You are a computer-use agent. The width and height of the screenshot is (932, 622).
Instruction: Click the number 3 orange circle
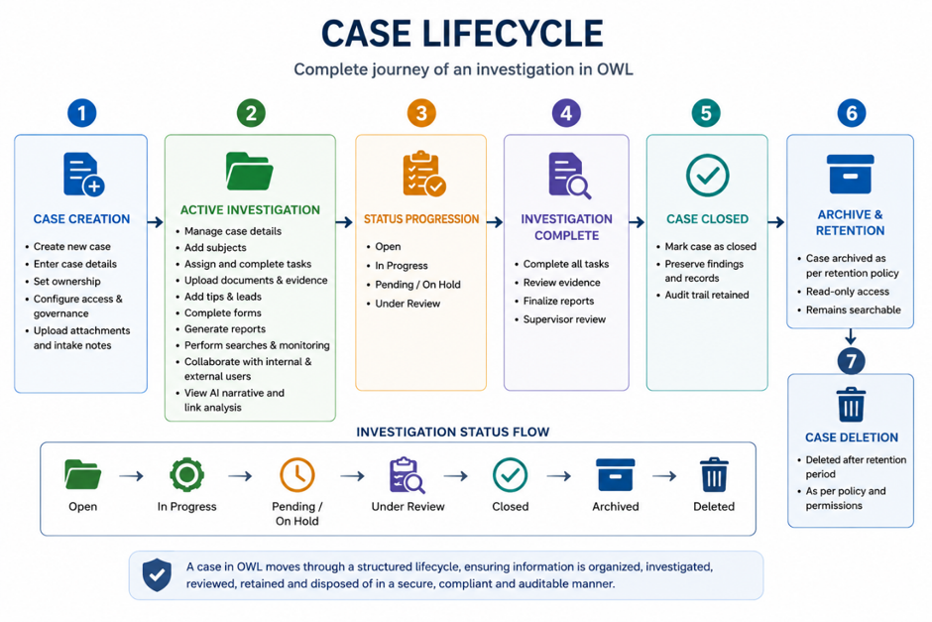click(421, 113)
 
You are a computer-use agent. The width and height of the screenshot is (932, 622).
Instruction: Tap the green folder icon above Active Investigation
click(250, 172)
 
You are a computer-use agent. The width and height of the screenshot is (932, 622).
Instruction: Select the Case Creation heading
click(81, 219)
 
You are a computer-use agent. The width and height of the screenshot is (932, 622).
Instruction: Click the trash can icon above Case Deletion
click(851, 405)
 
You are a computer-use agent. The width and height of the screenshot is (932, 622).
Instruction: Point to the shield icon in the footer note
click(157, 575)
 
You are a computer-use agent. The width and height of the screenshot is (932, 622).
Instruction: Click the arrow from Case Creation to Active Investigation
click(155, 222)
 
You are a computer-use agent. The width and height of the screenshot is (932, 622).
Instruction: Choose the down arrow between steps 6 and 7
click(851, 336)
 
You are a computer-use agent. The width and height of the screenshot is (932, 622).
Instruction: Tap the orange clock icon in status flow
click(297, 474)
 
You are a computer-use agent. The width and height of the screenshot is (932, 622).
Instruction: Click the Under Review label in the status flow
click(408, 507)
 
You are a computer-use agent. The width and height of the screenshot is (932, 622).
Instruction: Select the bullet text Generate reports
click(225, 328)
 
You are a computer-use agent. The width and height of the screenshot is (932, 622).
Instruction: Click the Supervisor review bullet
click(564, 319)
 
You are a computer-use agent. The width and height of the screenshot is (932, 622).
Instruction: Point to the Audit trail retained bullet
click(707, 295)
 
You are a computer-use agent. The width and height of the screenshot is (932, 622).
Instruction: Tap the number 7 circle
click(851, 361)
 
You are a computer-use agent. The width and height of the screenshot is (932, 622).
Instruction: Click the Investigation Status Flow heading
click(453, 433)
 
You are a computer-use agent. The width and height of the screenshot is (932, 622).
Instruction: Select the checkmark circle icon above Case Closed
click(707, 176)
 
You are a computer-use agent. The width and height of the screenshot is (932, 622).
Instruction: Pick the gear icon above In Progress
click(186, 474)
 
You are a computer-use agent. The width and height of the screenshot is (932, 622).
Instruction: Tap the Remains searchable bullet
click(853, 310)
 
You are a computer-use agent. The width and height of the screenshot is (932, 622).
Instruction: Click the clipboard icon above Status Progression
click(423, 174)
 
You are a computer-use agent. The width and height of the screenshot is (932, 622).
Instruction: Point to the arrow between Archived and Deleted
click(664, 476)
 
